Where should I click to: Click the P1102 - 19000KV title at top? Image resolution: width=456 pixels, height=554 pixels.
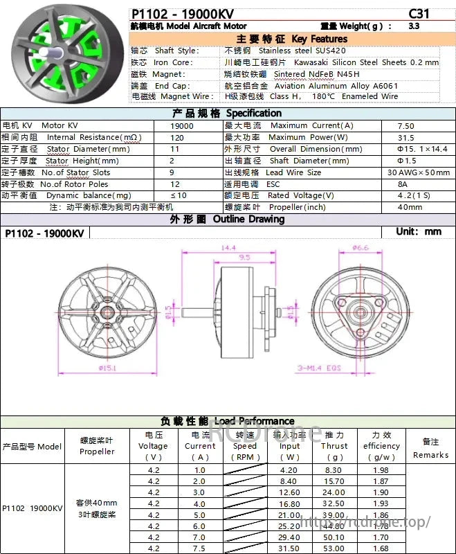point(182,13)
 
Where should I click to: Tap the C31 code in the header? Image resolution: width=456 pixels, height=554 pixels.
point(419,13)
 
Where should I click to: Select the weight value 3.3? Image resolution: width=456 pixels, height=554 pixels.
point(414,26)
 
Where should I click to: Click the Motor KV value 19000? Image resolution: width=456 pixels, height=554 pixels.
point(183,126)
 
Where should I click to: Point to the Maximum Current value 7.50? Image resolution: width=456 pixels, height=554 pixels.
point(406,126)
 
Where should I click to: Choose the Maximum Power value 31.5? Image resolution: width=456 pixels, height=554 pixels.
point(406,138)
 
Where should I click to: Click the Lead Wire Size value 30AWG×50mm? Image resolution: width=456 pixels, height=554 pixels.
point(419,172)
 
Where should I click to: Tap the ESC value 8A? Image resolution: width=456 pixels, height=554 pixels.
point(403,184)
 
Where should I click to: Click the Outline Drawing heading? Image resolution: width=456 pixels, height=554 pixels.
point(227,220)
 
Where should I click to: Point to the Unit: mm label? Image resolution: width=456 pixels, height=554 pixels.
point(418,232)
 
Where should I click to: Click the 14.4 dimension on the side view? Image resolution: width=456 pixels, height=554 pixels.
point(228,247)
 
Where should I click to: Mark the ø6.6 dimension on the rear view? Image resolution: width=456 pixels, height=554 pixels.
point(360,247)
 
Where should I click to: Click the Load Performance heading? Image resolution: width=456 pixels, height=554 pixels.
point(227,421)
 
